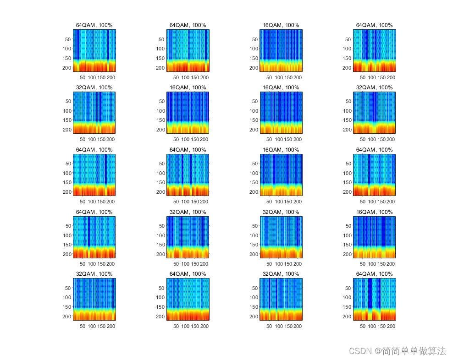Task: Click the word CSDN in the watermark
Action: [360, 351]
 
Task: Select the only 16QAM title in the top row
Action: [281, 25]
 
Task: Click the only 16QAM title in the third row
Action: [281, 150]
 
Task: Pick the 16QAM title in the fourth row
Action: [374, 212]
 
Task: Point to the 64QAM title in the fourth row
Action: [94, 212]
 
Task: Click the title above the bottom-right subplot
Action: [374, 274]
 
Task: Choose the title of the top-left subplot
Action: [94, 25]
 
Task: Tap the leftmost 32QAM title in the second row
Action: [94, 87]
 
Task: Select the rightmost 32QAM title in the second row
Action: [374, 87]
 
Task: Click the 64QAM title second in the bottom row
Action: [188, 274]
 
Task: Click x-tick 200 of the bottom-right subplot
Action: [391, 326]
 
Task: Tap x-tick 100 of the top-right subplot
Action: [372, 77]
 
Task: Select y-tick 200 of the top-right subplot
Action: [347, 68]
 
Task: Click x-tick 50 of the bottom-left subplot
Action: [83, 326]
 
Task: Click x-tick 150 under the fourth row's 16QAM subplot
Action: [381, 264]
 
